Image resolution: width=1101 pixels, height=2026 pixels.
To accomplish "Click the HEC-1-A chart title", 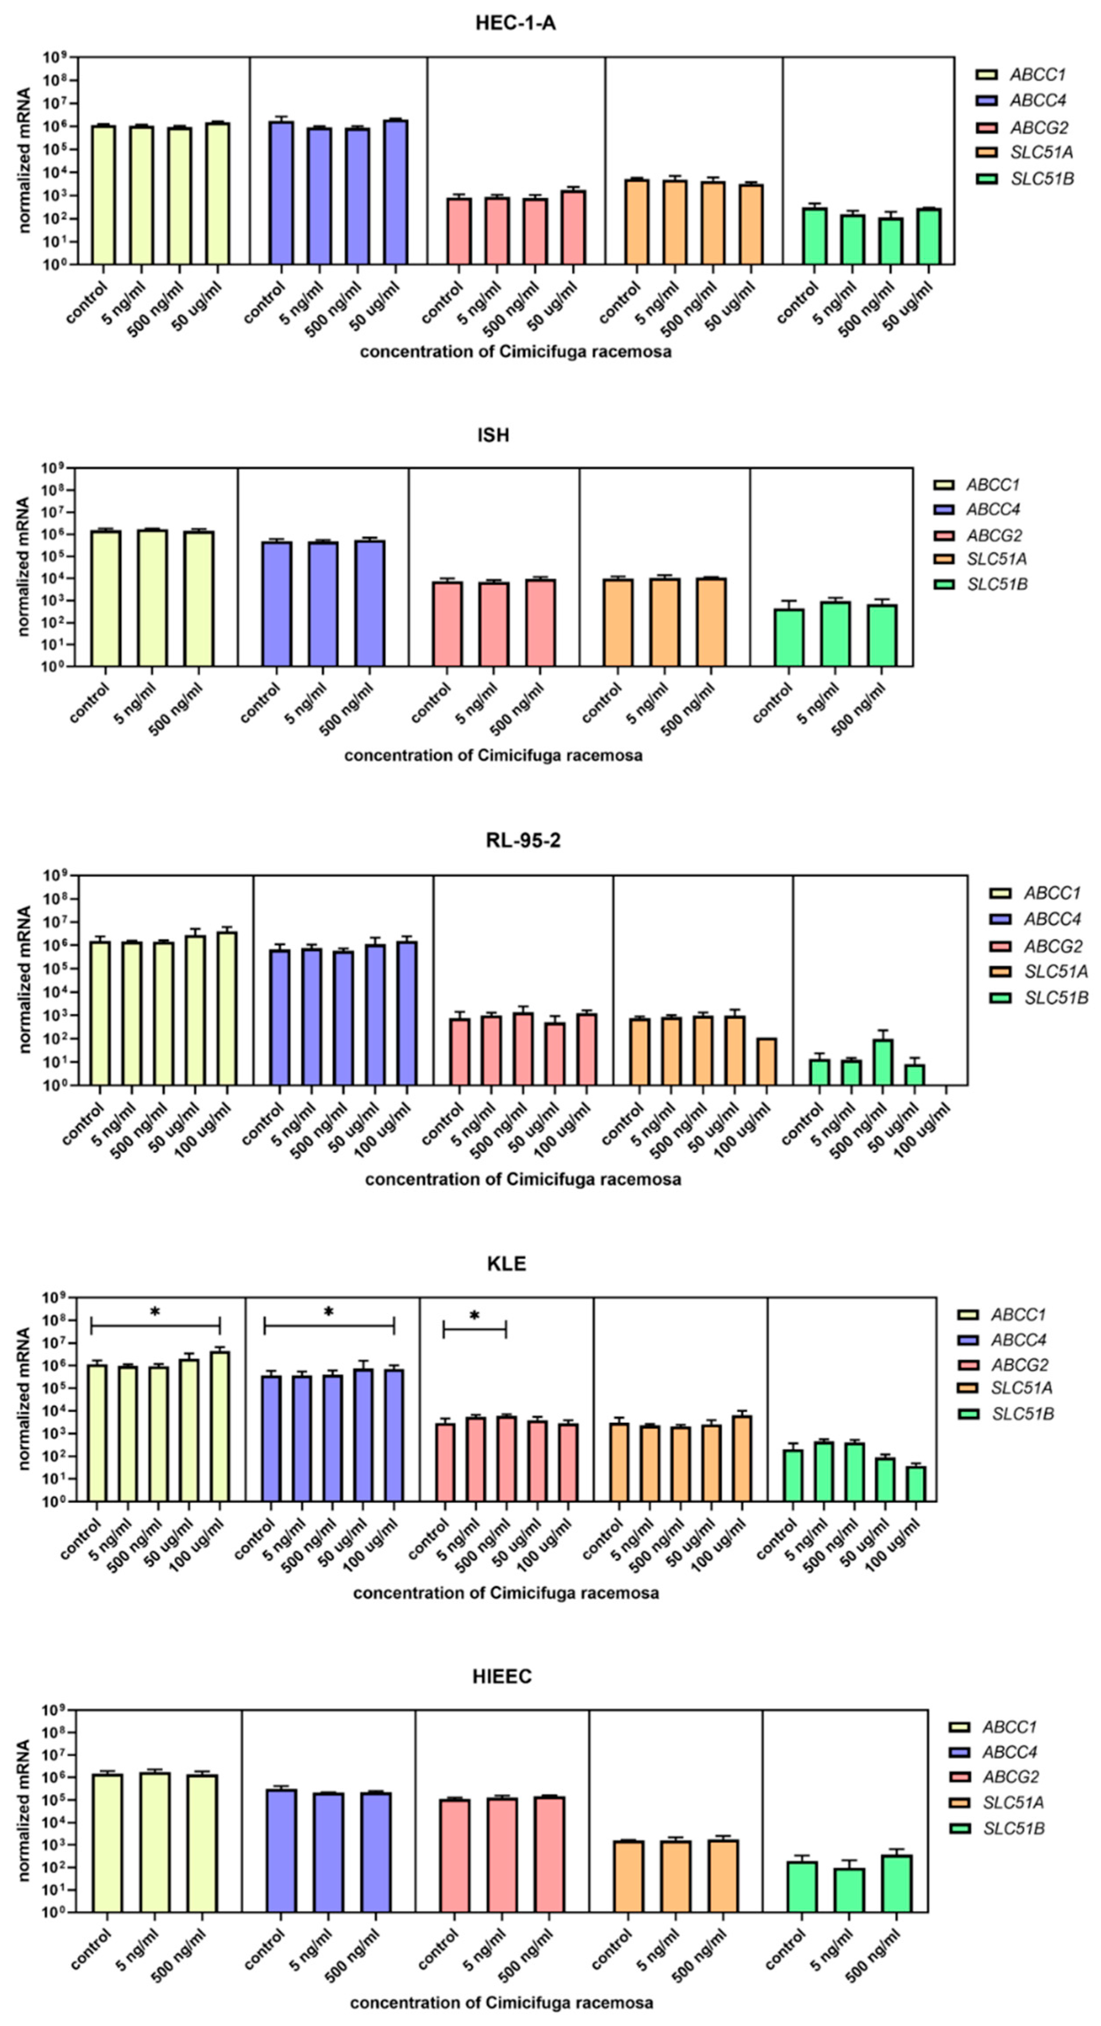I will click(x=515, y=23).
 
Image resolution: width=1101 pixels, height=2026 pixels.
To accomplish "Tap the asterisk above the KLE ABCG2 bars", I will click(x=474, y=1316).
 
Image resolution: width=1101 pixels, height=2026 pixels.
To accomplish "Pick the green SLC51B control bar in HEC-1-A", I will click(x=814, y=236).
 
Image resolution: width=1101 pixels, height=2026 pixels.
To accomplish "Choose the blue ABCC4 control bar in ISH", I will click(x=277, y=603).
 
